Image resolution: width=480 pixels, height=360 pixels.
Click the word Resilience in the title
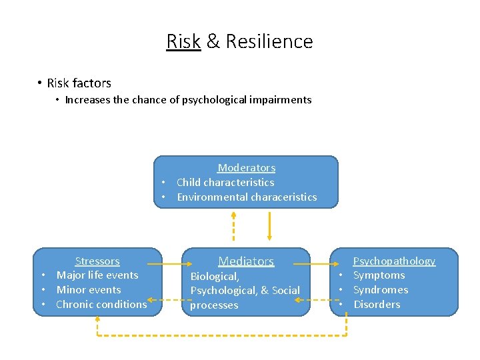coord(269,41)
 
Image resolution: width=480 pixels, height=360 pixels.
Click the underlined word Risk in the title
coord(183,41)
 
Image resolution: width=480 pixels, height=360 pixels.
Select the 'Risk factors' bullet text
coord(79,83)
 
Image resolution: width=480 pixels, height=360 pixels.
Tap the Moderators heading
coord(246,168)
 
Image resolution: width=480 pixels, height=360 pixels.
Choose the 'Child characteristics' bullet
coord(225,182)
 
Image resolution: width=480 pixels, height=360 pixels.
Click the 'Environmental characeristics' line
coord(247,197)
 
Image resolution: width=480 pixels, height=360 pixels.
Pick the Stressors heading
coord(97,261)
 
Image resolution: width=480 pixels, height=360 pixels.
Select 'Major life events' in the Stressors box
coord(97,275)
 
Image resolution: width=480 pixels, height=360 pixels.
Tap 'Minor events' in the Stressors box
coord(89,290)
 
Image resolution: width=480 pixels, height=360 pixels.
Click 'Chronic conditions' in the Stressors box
coord(101,305)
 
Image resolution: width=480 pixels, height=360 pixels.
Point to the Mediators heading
coord(246,261)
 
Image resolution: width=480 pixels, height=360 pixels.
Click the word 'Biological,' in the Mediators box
coord(214,276)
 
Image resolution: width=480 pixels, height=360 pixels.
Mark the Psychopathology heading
coord(394,261)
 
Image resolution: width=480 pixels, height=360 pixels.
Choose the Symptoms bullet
coord(379,275)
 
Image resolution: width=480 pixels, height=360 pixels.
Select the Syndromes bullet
coord(381,290)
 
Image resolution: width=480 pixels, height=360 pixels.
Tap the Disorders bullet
coord(377,305)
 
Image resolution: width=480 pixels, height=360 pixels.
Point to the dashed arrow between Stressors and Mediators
coord(164,299)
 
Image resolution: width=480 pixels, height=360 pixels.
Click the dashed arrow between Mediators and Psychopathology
coord(313,299)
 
